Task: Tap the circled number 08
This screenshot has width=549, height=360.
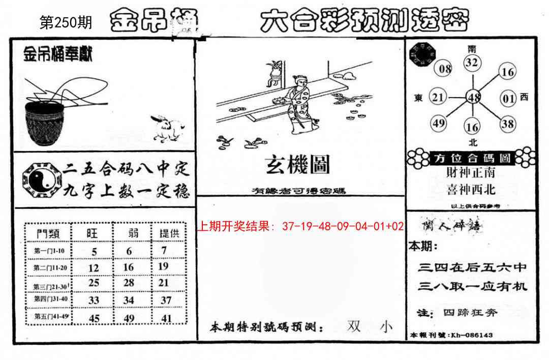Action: [x=445, y=69]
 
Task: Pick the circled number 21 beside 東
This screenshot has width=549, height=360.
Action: [x=438, y=97]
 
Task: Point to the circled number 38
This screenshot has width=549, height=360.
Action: [x=507, y=123]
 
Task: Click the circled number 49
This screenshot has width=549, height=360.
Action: [x=438, y=123]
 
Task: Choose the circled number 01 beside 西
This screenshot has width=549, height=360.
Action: [x=509, y=98]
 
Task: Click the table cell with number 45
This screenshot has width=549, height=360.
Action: [x=94, y=318]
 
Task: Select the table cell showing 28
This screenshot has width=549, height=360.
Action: [x=129, y=282]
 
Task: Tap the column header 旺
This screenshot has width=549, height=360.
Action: [x=92, y=233]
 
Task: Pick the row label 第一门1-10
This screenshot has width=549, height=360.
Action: [x=48, y=251]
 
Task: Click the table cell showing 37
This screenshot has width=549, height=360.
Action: [x=166, y=300]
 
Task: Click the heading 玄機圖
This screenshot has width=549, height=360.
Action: [x=297, y=165]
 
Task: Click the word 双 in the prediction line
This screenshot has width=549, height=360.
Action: [x=354, y=326]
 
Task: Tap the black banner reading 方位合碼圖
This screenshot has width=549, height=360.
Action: [x=472, y=158]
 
